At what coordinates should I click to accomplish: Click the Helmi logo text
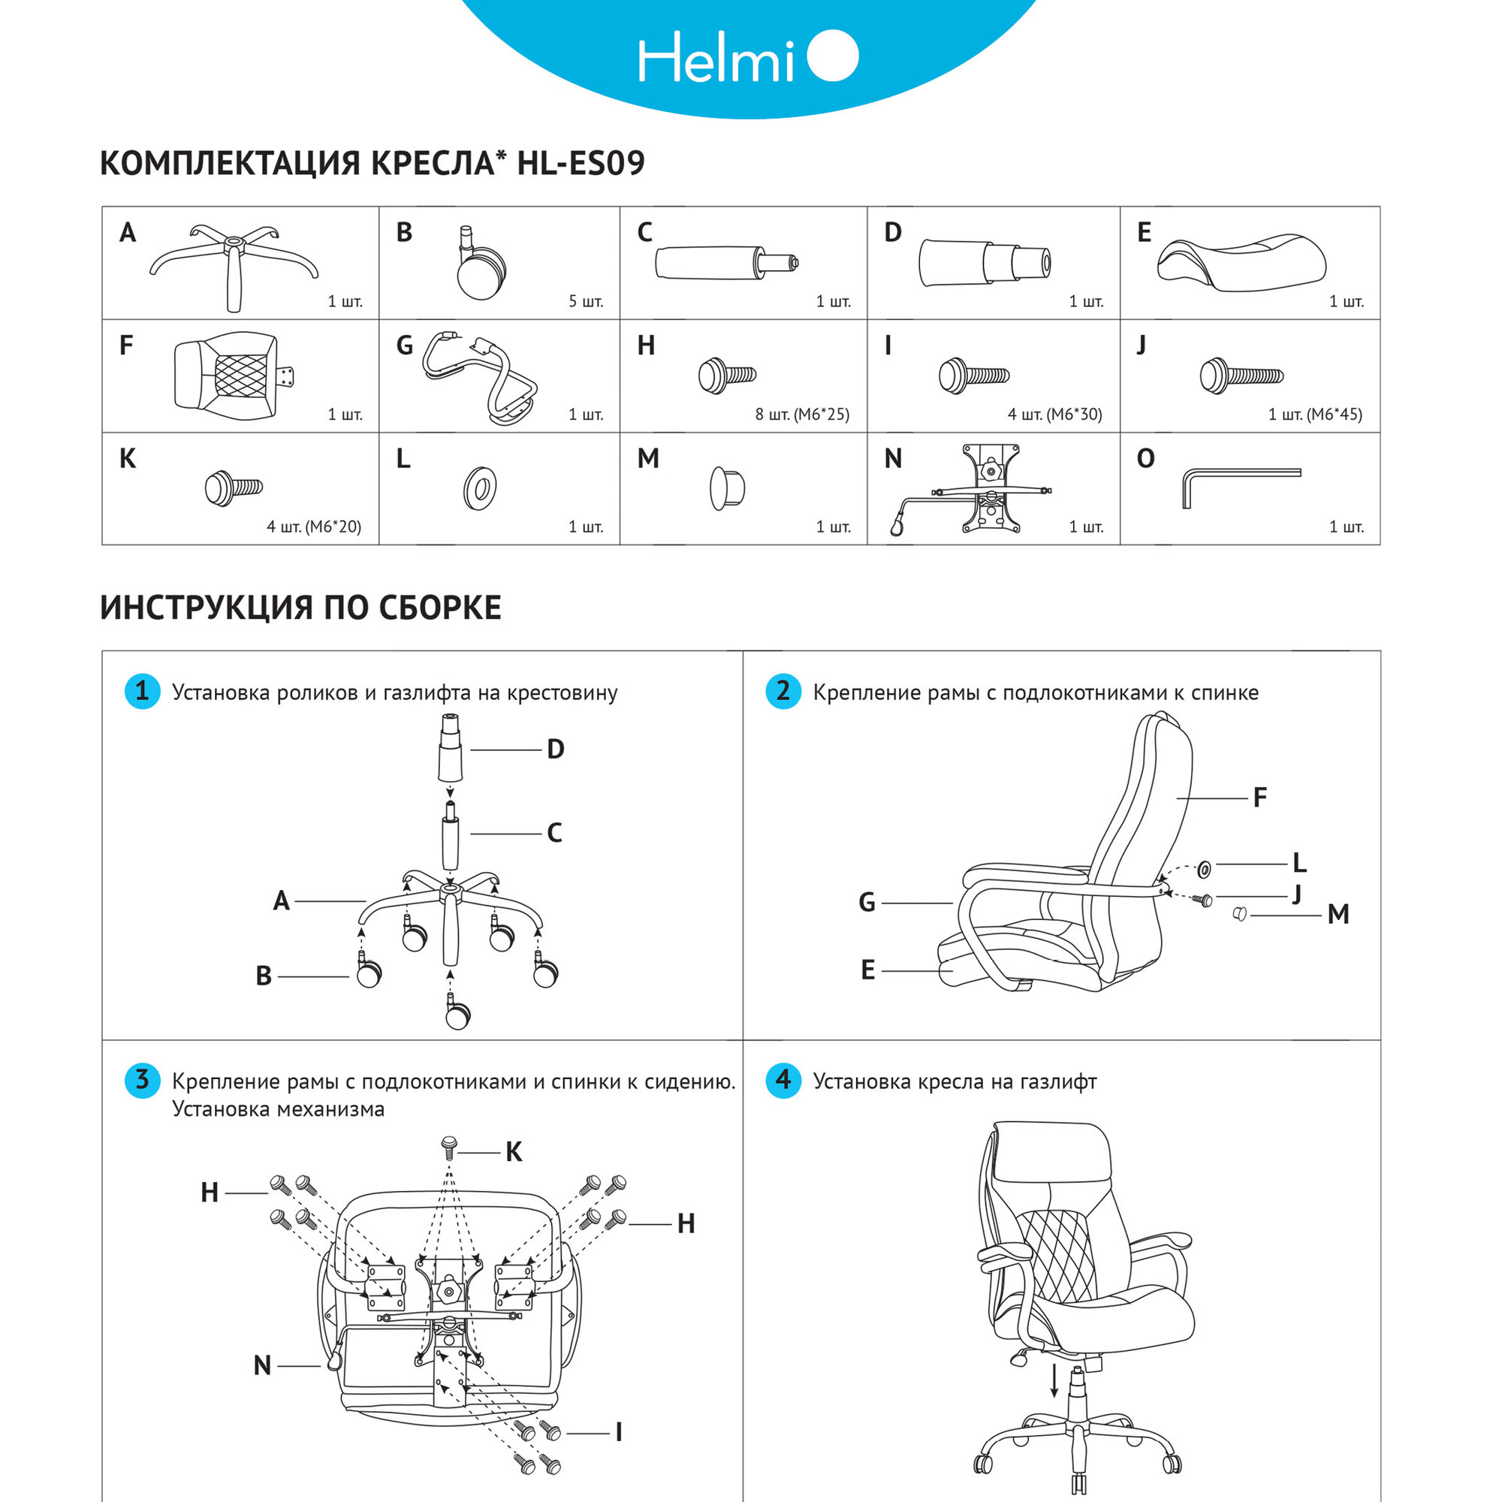tap(715, 59)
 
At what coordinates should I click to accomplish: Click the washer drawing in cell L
tap(480, 489)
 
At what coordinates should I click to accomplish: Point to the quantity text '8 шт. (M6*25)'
tap(801, 415)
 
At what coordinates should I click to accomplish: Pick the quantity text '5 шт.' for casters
tap(586, 302)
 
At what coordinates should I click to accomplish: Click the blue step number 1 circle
tap(142, 691)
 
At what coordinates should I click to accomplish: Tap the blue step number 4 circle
tap(783, 1080)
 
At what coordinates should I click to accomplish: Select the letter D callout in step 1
tap(555, 749)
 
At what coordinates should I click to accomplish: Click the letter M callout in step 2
tap(1338, 915)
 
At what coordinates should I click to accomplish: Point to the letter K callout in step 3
tap(514, 1152)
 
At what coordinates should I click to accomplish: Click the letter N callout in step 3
tap(263, 1365)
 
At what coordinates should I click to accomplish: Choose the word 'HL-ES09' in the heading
tap(581, 163)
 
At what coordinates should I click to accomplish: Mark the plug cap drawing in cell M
tap(727, 488)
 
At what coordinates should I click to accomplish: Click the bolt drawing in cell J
tap(1241, 376)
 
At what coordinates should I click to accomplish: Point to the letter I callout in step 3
tap(618, 1432)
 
